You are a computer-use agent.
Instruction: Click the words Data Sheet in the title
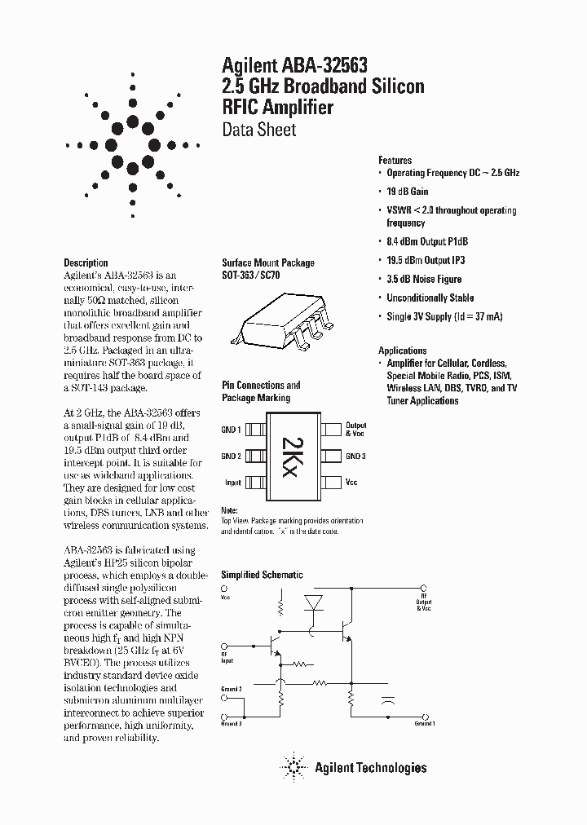(x=259, y=130)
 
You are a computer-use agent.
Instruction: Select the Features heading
(x=395, y=161)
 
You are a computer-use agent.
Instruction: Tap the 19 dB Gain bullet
(x=407, y=192)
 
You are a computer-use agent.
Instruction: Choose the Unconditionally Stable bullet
(x=430, y=298)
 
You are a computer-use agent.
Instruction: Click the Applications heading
(x=402, y=350)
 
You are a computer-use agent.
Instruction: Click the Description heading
(x=86, y=262)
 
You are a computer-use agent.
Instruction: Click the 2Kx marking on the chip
(x=292, y=455)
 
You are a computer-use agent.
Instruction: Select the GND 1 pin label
(x=231, y=430)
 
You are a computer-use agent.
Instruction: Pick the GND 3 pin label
(x=355, y=456)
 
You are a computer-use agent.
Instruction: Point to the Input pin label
(x=232, y=483)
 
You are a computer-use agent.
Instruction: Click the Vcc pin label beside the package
(x=351, y=483)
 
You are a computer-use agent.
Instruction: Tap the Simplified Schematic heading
(x=263, y=574)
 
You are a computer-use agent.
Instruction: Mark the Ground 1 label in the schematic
(x=424, y=723)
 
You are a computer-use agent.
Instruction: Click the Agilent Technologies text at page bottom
(x=370, y=767)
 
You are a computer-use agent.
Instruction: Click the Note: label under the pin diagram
(x=230, y=510)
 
